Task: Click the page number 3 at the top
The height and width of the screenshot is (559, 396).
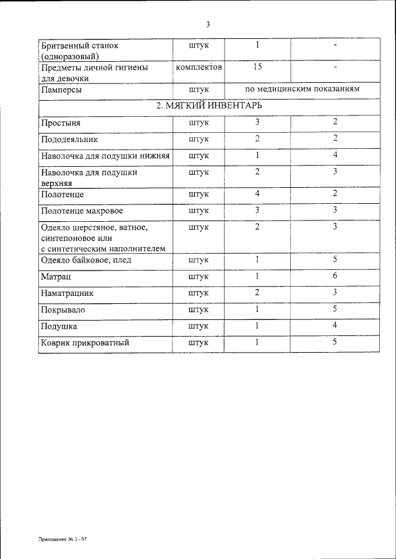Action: point(208,25)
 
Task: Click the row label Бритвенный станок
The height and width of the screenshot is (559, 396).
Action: point(79,46)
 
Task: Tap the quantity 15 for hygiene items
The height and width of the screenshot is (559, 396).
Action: point(257,66)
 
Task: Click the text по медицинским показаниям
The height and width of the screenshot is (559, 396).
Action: point(302,90)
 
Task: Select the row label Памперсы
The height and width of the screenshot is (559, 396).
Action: point(61,90)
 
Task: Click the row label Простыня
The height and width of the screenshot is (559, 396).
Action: point(61,123)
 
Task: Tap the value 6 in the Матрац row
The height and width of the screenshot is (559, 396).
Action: point(334,275)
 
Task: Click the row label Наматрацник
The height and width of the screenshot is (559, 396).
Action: point(67,293)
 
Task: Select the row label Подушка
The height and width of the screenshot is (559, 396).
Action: point(59,326)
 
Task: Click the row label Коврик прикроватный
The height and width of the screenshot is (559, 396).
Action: point(85,343)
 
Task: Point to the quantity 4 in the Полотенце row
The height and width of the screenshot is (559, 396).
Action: point(257,194)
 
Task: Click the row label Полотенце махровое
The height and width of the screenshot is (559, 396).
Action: point(82,211)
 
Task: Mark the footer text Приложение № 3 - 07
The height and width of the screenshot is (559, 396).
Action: point(62,539)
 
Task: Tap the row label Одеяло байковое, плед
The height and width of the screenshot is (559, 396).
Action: point(86,260)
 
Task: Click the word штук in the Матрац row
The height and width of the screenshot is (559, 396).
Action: point(199,276)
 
